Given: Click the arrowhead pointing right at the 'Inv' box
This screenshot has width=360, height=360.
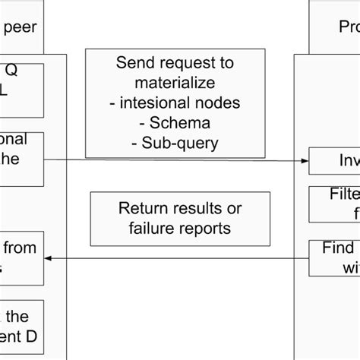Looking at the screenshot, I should tap(304, 160).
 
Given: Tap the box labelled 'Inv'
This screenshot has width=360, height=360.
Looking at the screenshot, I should tap(334, 160).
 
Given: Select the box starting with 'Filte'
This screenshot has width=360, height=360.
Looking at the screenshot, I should tap(334, 204).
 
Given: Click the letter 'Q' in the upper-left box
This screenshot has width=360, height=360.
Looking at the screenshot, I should tap(11, 71).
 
